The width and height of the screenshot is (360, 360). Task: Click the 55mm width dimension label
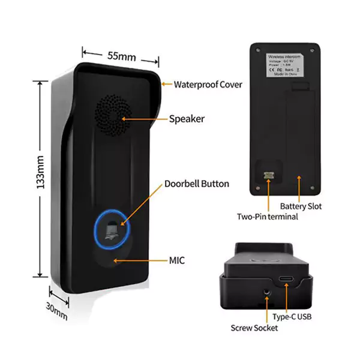coord(122,56)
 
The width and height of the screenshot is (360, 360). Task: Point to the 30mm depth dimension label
coord(57,310)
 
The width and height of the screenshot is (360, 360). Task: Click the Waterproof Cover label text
coord(208,85)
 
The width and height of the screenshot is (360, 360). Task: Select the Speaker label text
coord(187,119)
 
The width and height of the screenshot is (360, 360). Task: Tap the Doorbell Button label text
coord(197,184)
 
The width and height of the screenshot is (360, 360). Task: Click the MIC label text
coord(176,260)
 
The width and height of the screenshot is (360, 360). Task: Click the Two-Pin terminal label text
coord(268,217)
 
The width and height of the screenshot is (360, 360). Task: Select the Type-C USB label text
coord(293,316)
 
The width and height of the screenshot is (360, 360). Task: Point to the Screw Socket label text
coord(254,328)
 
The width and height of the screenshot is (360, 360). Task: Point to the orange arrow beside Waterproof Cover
coord(166,85)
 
